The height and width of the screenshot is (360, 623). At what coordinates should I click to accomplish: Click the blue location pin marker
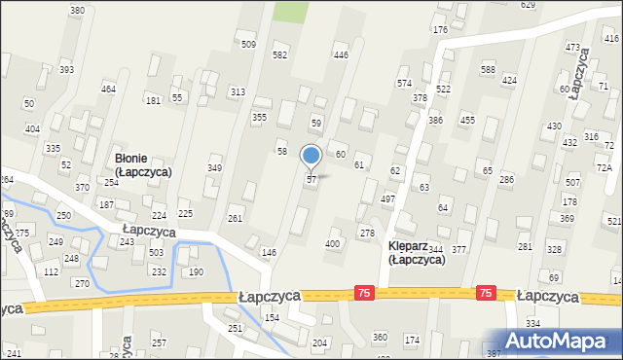pos(311,157)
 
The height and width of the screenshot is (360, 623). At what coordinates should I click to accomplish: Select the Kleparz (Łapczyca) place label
pos(416,252)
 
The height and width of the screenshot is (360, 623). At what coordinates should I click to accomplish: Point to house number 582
pos(279,55)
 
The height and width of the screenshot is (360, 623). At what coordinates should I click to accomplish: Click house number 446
pos(341,55)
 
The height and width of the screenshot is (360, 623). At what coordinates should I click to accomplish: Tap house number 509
pos(248,45)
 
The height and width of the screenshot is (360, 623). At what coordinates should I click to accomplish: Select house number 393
pos(66,70)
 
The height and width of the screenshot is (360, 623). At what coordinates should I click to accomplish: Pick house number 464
pos(109,90)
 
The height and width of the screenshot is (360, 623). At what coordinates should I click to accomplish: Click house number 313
pos(237,91)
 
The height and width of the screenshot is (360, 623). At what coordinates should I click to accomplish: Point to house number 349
pos(214,168)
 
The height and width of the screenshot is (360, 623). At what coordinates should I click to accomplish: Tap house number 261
pos(235,218)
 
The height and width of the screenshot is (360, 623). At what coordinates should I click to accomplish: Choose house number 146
pos(269,252)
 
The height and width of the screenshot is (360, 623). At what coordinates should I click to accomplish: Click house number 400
pos(333,243)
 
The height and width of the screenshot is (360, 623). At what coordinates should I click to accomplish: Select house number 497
pos(387,198)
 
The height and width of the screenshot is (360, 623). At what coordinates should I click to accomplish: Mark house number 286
pos(506,180)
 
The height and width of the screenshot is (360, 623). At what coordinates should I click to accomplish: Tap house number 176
pos(439,31)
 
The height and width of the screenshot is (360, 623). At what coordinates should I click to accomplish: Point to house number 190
pos(196,272)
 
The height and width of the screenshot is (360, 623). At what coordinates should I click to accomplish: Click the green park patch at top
pos(288,11)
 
